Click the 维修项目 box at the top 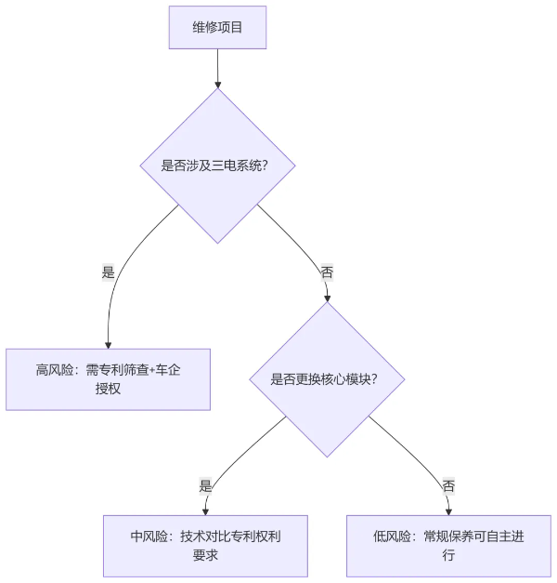tap(217, 27)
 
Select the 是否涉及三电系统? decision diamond tap(217, 166)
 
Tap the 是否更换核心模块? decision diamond tap(326, 378)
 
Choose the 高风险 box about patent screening tap(108, 378)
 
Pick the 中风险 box tap(205, 545)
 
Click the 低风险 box tap(448, 545)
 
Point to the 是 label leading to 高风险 tap(109, 272)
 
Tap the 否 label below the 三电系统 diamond tap(326, 272)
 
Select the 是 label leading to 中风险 tap(206, 485)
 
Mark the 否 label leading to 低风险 tap(448, 485)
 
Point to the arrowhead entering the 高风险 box tap(108, 343)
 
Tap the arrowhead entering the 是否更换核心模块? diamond tap(326, 298)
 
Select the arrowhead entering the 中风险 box tap(205, 509)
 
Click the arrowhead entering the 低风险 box tap(448, 509)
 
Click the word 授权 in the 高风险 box tap(108, 389)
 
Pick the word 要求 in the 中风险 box tap(205, 555)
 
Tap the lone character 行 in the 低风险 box tap(448, 555)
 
